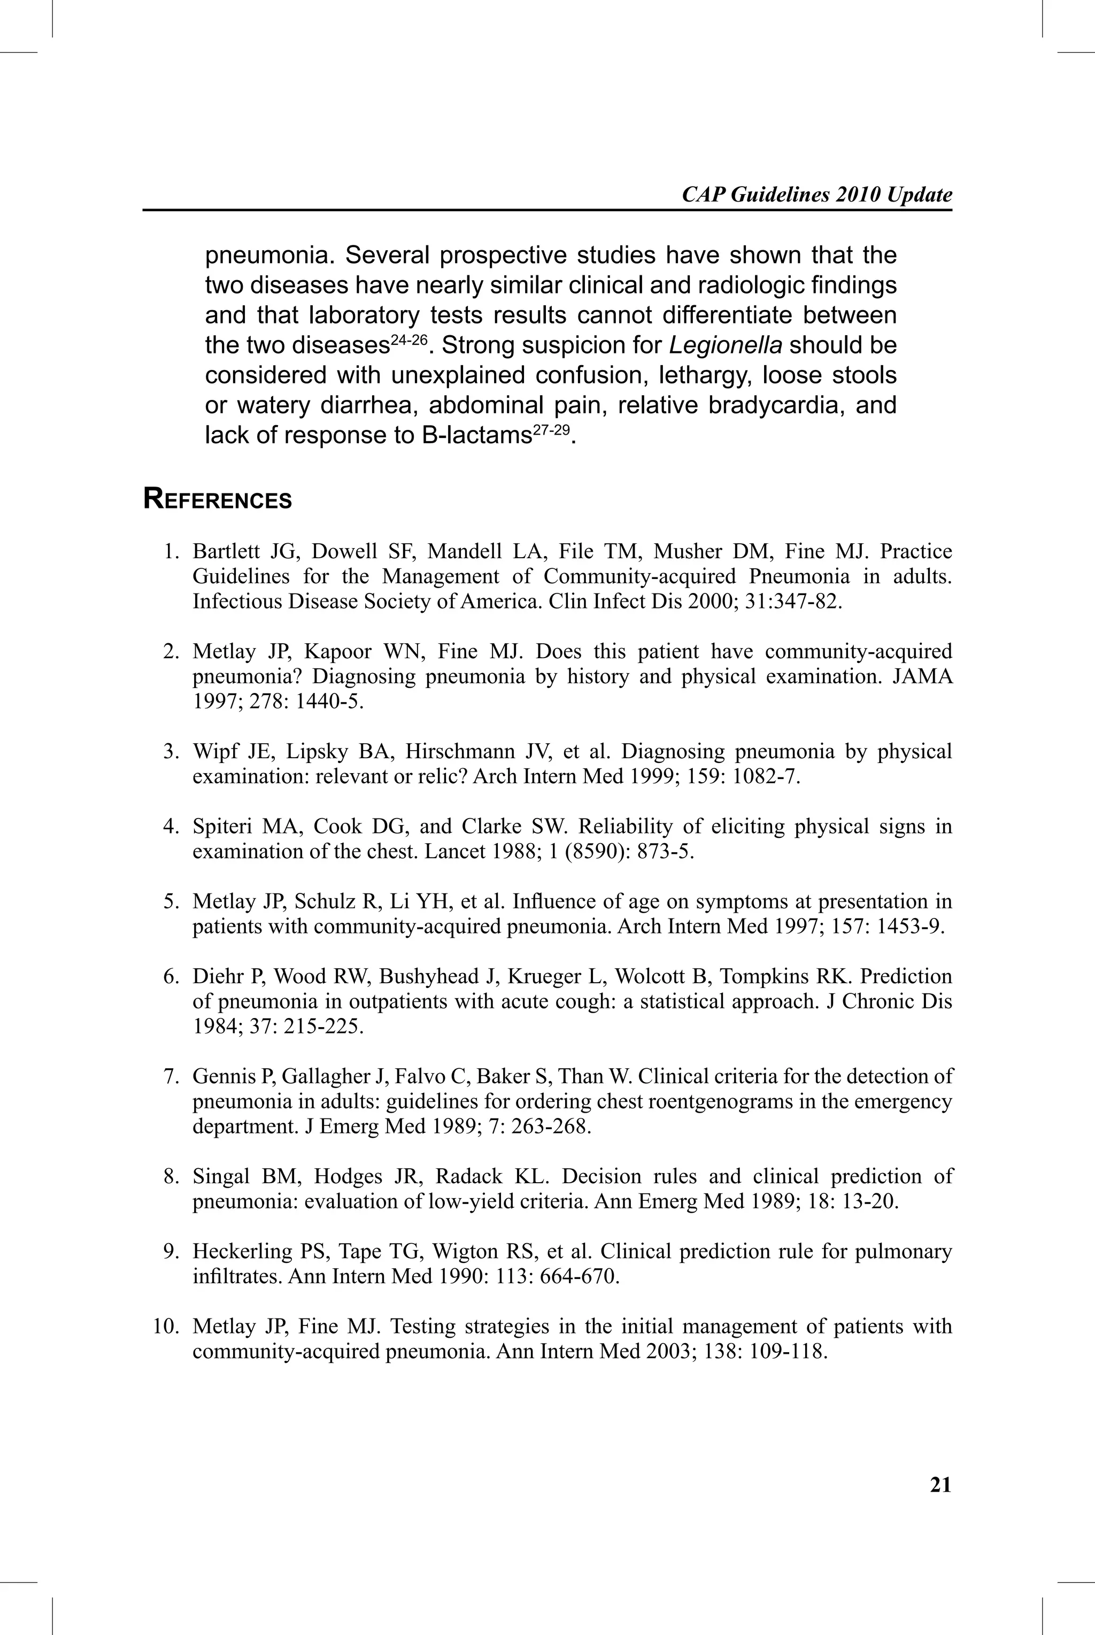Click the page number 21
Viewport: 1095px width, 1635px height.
pos(940,1484)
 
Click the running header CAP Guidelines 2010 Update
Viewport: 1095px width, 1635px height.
pos(816,195)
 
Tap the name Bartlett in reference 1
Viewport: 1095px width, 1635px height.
pos(227,552)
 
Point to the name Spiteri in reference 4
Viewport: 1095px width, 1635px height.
pos(222,827)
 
